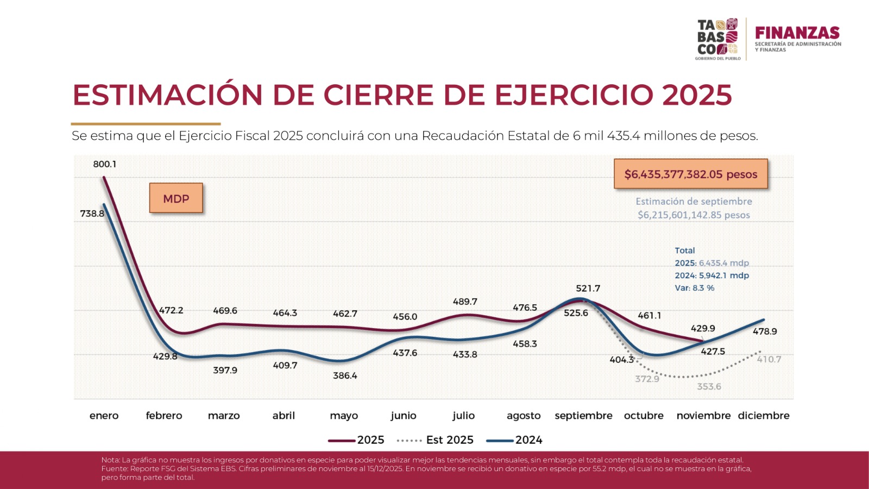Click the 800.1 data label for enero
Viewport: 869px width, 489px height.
coord(104,164)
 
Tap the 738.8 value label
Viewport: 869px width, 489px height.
coord(92,214)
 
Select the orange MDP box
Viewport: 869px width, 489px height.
coord(176,198)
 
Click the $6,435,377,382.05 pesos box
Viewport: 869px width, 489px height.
coord(690,174)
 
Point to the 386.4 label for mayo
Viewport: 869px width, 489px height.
coord(345,375)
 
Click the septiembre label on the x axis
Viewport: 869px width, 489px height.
coord(583,416)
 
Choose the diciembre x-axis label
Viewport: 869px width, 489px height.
coord(763,416)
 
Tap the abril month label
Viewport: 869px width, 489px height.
coord(284,416)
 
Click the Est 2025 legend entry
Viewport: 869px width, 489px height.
coord(436,440)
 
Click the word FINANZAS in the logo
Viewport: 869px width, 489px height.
coord(797,33)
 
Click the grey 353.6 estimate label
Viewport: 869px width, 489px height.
coord(709,386)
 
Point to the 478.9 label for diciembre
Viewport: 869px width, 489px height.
coord(765,331)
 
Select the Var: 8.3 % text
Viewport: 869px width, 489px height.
coord(694,288)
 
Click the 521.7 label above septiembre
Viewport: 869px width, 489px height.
coord(588,289)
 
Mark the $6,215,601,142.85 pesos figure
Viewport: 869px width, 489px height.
coord(694,215)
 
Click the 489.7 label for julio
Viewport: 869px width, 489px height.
coord(465,302)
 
